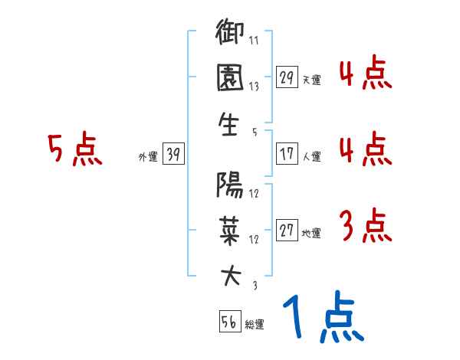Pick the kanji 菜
[230, 231]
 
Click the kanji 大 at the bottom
[230, 277]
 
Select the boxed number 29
[287, 77]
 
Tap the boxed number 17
[287, 154]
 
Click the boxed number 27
[287, 231]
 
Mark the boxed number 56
[229, 322]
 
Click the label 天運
[311, 79]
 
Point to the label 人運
[311, 156]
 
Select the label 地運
[311, 233]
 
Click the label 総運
[255, 325]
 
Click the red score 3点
[365, 226]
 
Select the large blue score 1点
[323, 318]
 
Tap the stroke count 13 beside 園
[254, 87]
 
